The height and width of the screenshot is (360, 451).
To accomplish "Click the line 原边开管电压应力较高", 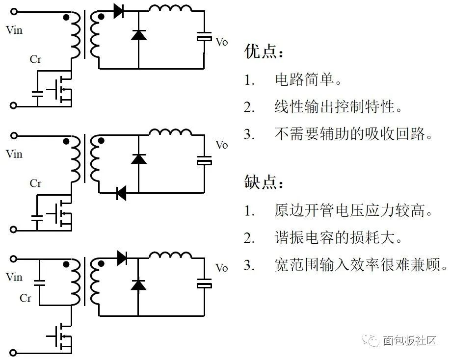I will tap(353, 211).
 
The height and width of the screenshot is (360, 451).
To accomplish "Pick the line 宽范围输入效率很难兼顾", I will tap(361, 266).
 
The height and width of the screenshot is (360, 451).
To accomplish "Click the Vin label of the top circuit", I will tap(14, 30).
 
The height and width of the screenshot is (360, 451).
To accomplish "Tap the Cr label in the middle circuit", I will tap(35, 183).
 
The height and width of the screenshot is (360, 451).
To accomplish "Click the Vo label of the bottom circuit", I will tap(222, 268).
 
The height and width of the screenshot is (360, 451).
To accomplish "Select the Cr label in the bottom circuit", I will tap(26, 298).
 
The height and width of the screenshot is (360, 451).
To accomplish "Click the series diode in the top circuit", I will tap(119, 11).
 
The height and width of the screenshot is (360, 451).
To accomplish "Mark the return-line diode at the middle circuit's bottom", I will tap(121, 193).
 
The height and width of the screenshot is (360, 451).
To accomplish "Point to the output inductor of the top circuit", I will tap(170, 9).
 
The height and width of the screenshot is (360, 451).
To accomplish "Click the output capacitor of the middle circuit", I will tap(204, 160).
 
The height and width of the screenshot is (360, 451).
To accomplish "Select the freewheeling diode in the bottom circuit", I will tap(138, 284).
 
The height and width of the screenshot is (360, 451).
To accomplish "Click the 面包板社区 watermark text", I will tap(409, 340).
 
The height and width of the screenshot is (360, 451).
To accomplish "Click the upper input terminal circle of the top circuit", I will tap(14, 11).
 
